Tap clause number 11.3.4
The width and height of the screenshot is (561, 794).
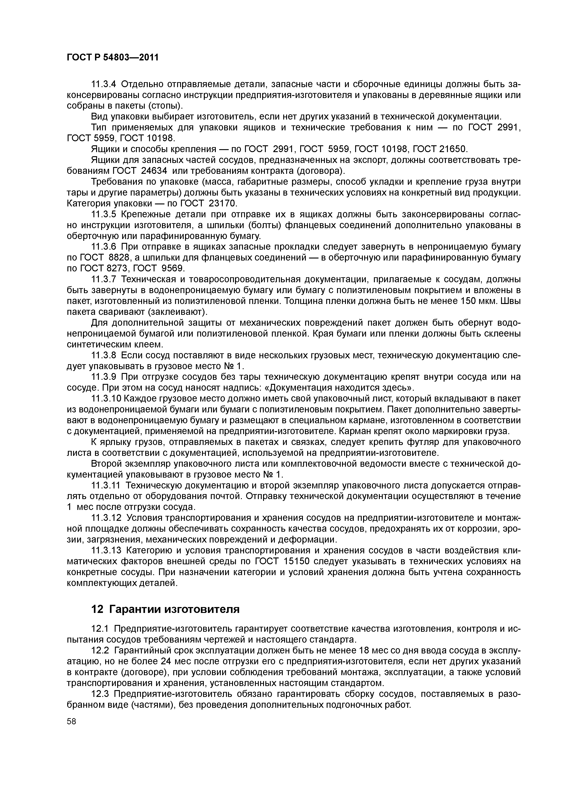point(104,84)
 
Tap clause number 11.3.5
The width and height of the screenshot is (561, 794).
point(104,214)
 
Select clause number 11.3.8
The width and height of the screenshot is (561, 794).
point(104,355)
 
